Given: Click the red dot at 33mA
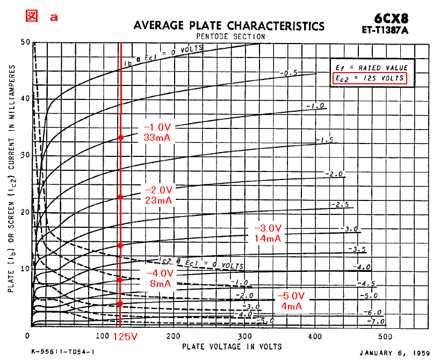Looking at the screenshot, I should [120, 138].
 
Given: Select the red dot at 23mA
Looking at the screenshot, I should [120, 197].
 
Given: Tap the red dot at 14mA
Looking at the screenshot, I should [120, 246].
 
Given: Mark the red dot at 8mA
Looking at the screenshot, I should [120, 279].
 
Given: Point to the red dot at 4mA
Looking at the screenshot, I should [120, 304].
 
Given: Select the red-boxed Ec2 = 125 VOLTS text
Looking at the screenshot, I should [369, 78].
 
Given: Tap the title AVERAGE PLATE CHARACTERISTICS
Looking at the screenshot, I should [229, 26].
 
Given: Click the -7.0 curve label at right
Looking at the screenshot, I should [374, 322].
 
